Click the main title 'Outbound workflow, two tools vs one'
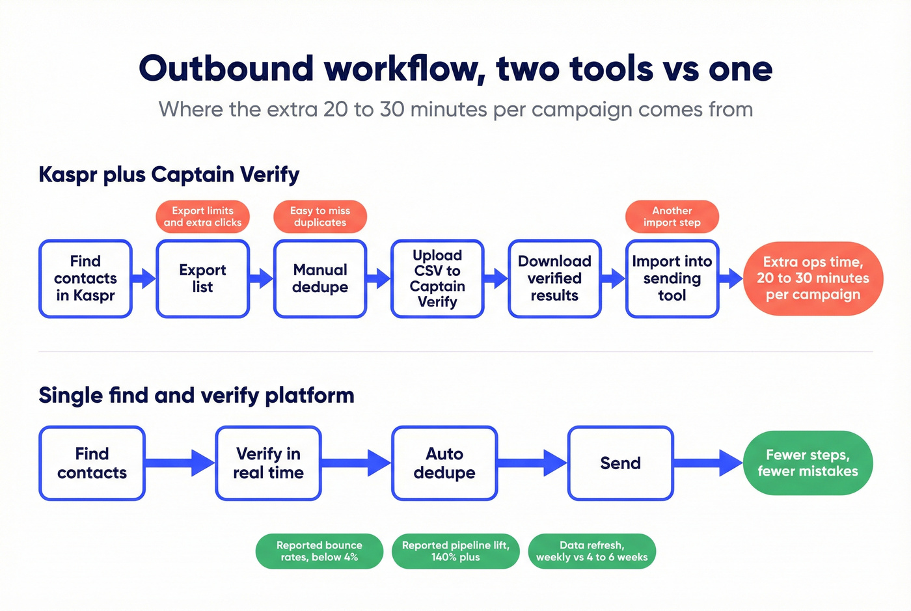(x=455, y=69)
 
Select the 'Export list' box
(x=202, y=278)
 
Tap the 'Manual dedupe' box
(x=320, y=278)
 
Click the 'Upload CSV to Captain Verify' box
(x=437, y=278)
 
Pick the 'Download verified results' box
(x=554, y=278)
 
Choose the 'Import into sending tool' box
(x=672, y=278)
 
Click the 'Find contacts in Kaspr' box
(x=85, y=278)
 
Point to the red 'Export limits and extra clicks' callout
(x=202, y=217)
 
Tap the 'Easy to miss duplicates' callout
(x=320, y=217)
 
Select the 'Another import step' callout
(x=672, y=217)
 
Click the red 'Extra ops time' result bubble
(x=813, y=278)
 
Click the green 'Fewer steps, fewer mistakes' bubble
(x=808, y=463)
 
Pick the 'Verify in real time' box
(x=268, y=463)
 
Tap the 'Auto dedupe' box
(x=444, y=463)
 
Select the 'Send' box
(x=620, y=463)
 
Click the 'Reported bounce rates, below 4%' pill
(x=319, y=551)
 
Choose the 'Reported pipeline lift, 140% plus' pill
(x=455, y=551)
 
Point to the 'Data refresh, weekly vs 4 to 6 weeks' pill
(x=591, y=551)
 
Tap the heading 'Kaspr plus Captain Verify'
(x=169, y=174)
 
